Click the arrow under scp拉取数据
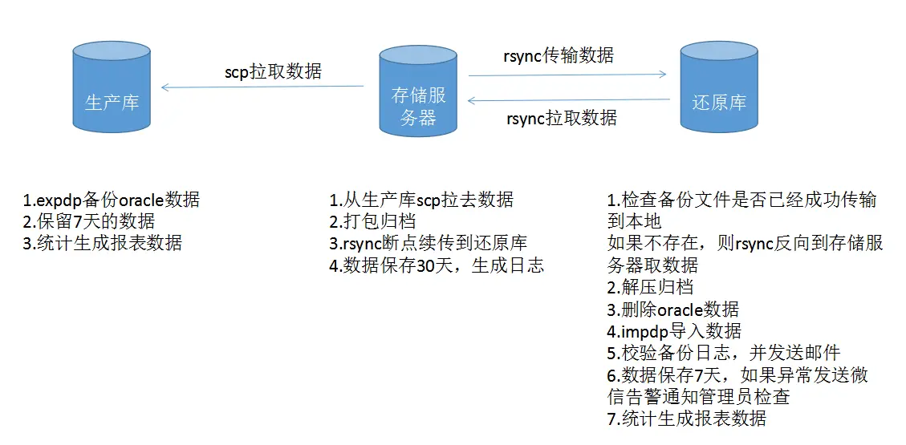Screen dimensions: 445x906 point(262,87)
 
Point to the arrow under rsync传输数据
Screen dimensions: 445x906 point(567,75)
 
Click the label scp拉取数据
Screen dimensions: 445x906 point(273,71)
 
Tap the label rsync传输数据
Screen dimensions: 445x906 point(559,56)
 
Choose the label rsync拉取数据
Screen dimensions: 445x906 point(562,119)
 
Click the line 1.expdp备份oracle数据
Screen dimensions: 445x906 point(112,200)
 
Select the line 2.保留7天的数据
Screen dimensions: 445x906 point(88,221)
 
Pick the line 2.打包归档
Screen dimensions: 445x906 point(372,221)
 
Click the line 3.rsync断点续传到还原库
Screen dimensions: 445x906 point(428,243)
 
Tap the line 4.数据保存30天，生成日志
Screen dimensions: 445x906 point(437,265)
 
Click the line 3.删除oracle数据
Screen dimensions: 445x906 point(672,309)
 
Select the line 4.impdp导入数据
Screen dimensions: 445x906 point(674,330)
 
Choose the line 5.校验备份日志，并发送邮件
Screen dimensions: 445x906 point(723,352)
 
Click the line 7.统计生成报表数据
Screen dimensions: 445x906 point(687,418)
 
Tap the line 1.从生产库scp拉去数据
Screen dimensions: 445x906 point(421,200)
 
